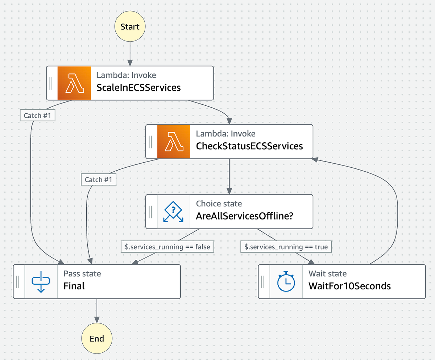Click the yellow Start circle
tap(130, 26)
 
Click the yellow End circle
tap(97, 339)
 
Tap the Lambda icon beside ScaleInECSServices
tap(74, 83)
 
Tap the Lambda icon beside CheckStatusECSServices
tap(173, 142)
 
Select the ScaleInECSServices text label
tap(138, 88)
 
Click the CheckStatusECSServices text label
tap(249, 146)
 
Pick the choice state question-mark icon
tap(173, 212)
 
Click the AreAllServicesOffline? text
tap(244, 216)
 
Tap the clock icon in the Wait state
tap(286, 281)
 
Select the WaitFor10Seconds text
tap(349, 286)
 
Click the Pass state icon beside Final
tap(41, 281)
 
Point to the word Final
tap(74, 286)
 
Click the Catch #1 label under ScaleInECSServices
tap(38, 116)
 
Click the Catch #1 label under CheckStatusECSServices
tap(99, 180)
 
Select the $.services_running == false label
tap(167, 247)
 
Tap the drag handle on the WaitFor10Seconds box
tap(264, 281)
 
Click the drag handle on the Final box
tap(18, 281)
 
